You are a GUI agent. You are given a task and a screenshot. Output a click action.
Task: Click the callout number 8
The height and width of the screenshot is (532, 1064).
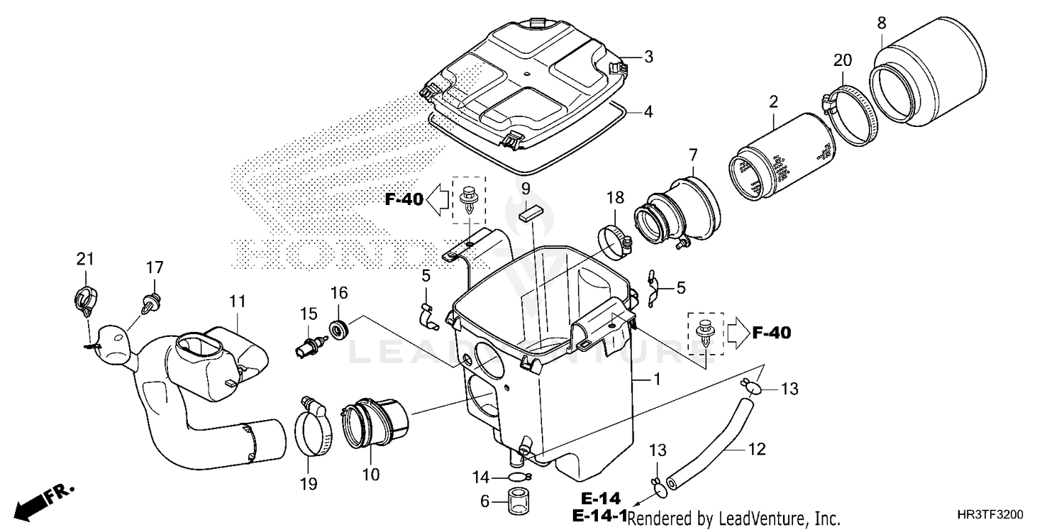click(x=881, y=23)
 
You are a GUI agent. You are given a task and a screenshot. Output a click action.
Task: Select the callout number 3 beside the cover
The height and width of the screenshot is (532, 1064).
click(x=648, y=57)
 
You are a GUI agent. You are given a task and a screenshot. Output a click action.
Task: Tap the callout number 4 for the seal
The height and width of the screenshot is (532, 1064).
click(x=648, y=112)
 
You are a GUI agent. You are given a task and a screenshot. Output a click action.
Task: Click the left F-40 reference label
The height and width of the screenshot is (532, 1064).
click(x=404, y=200)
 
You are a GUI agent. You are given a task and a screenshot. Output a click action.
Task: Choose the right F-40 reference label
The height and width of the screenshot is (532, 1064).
click(x=771, y=332)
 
